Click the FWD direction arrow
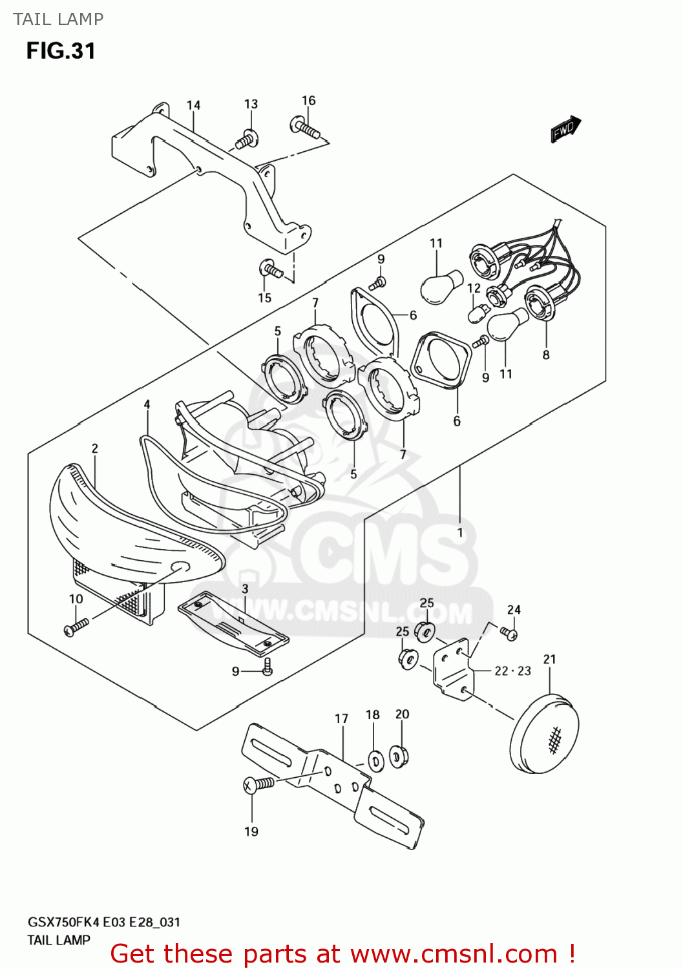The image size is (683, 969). coord(565,129)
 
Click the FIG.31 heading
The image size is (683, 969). coord(61,51)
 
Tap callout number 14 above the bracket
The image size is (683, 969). coord(193,105)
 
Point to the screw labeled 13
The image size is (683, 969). coord(247,138)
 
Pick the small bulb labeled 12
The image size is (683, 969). coord(479,312)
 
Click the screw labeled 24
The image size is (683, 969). coord(508,633)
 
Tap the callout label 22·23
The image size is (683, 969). coord(512,671)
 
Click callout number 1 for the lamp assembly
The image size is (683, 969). coord(460,532)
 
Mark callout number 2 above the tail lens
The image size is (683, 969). coord(95,448)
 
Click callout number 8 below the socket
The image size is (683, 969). coord(546,355)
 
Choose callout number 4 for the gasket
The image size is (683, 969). coord(147,404)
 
